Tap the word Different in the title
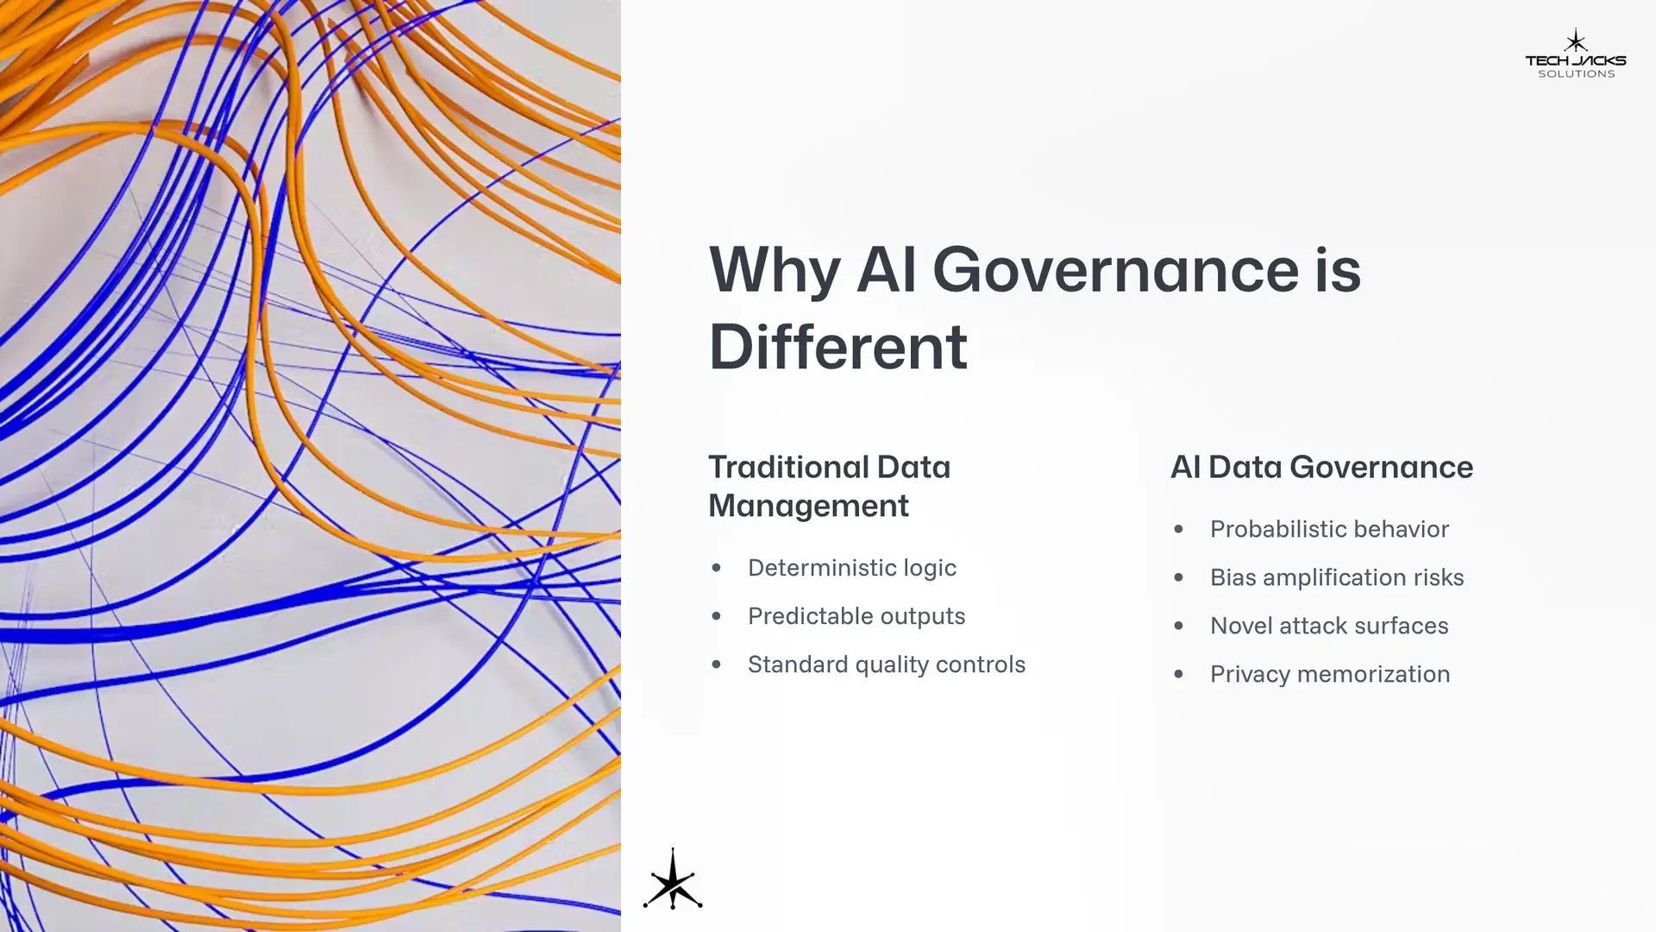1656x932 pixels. (837, 347)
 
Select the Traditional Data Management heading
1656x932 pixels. (829, 486)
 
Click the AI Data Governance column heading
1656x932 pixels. (1321, 467)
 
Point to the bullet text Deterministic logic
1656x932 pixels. (852, 568)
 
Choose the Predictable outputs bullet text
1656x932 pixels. (856, 616)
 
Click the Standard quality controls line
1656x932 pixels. (887, 664)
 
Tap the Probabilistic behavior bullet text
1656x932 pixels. (1329, 529)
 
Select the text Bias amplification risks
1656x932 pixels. (1337, 577)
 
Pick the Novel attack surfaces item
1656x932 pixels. (1329, 626)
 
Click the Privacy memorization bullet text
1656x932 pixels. (1330, 674)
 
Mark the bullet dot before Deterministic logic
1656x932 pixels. (716, 568)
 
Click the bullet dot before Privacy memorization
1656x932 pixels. (1178, 674)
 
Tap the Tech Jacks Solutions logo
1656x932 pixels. (1576, 54)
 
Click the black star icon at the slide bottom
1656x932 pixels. (673, 879)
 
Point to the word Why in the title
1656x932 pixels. (775, 271)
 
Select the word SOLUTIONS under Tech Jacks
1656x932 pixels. (1577, 74)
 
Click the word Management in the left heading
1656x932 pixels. (808, 506)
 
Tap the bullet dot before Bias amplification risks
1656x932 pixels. (1178, 577)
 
